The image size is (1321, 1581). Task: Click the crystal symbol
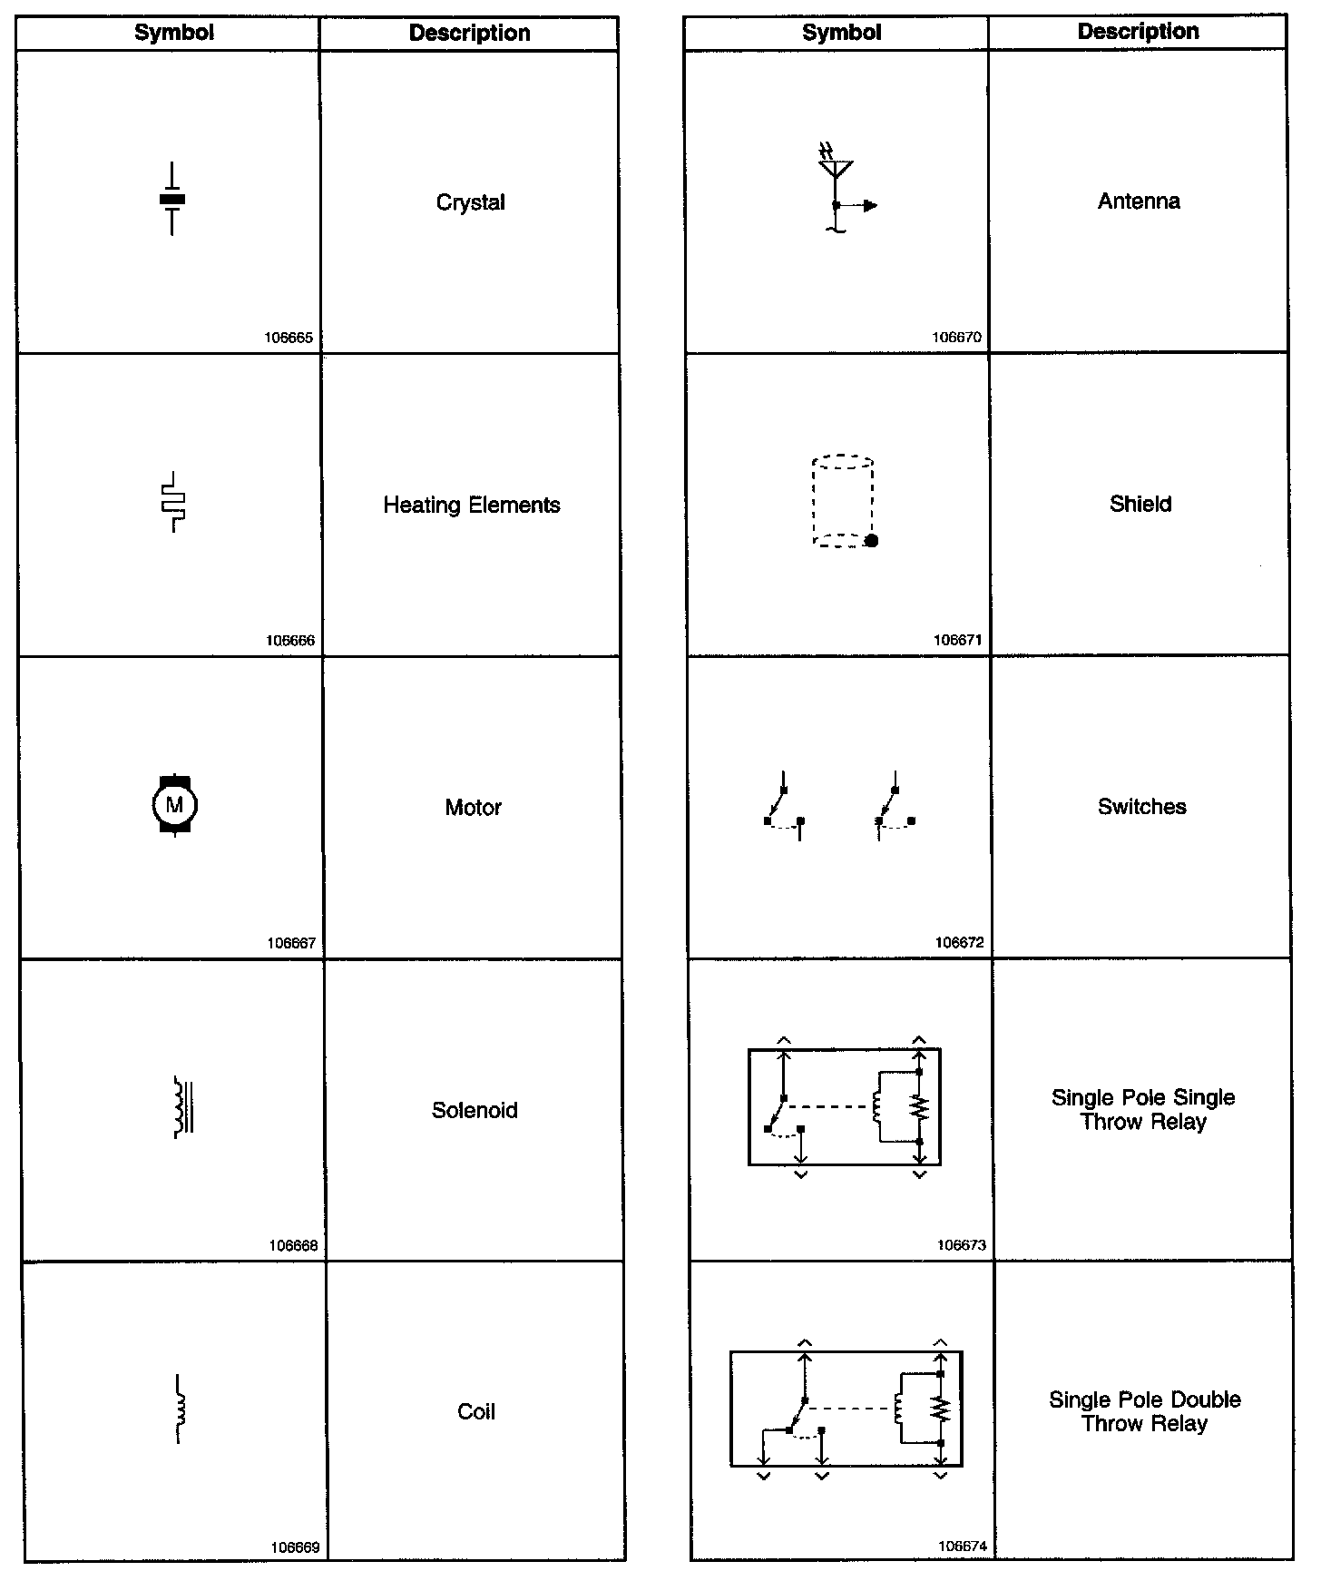click(x=172, y=200)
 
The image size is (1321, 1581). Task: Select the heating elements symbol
click(x=172, y=502)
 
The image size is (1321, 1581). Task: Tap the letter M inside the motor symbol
click(x=174, y=804)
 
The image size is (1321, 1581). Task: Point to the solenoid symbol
click(x=183, y=1106)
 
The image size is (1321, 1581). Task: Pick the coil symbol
click(x=180, y=1409)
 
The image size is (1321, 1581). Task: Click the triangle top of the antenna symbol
click(x=836, y=168)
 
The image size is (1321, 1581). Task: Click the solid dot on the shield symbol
click(x=872, y=541)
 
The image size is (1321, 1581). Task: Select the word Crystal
click(x=470, y=202)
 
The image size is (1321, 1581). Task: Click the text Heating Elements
click(x=471, y=505)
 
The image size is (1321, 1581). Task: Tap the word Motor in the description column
click(x=473, y=807)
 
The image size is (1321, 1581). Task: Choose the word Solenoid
click(x=475, y=1110)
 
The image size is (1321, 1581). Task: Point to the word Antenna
click(x=1139, y=201)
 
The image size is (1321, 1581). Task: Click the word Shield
click(x=1140, y=504)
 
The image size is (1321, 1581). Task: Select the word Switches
click(x=1141, y=806)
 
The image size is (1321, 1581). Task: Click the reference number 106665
click(x=289, y=338)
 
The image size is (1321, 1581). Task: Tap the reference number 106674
click(x=963, y=1546)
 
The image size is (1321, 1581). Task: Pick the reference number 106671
click(x=957, y=640)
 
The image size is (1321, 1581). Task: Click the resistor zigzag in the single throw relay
click(x=920, y=1107)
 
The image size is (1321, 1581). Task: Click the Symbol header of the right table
click(x=841, y=33)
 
